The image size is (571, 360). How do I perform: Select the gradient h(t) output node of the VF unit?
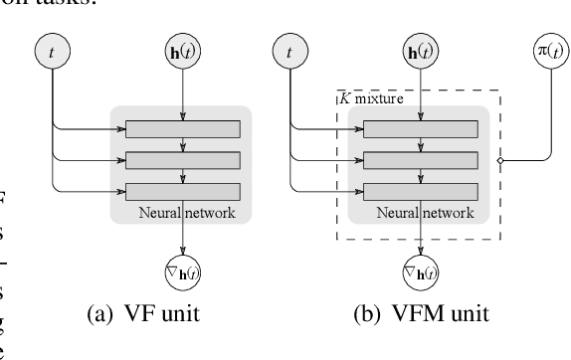[x=182, y=269]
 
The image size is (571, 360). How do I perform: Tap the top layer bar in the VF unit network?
[x=182, y=128]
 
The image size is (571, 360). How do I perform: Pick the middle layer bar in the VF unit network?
[x=182, y=159]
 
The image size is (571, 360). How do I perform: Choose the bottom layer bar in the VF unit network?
[x=182, y=191]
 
